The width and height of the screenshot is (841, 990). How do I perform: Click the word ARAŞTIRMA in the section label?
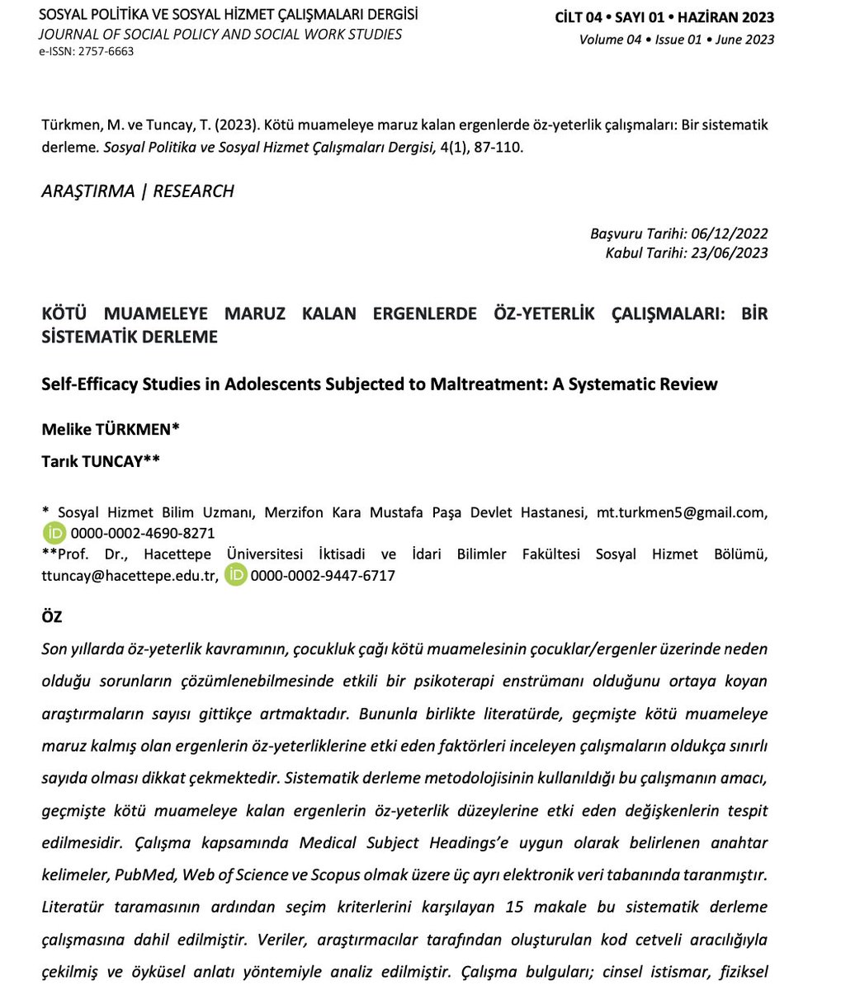point(87,191)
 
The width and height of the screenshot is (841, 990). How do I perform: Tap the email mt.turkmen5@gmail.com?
point(680,512)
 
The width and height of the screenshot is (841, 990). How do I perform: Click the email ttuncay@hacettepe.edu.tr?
point(130,576)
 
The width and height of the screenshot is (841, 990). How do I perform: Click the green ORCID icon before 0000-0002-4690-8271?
point(54,533)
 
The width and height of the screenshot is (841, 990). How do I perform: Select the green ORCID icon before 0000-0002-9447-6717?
point(236,576)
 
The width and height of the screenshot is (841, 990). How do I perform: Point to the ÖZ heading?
point(51,617)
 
